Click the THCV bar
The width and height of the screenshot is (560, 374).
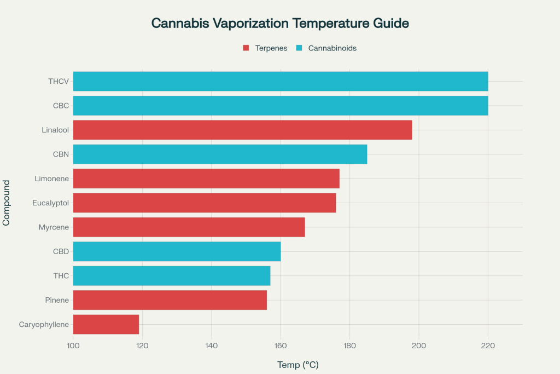(280, 81)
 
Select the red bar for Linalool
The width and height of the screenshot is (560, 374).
(242, 130)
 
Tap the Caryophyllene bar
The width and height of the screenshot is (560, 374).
(106, 324)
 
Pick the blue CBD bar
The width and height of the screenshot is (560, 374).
(177, 251)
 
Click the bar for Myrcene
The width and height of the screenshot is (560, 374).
(189, 227)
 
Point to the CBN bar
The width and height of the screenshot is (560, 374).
(220, 154)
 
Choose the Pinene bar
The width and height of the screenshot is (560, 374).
(170, 300)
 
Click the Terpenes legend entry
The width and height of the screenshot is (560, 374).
(266, 48)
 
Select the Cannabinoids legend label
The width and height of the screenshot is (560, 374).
(332, 48)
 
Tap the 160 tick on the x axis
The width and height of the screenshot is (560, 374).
(281, 346)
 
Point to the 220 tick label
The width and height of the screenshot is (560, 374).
(488, 346)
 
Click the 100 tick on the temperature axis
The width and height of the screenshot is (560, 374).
(73, 346)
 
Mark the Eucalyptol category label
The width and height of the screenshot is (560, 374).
(51, 203)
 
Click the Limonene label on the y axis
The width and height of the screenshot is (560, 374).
(52, 179)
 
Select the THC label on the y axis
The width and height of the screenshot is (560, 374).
(61, 275)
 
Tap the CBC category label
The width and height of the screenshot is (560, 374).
(61, 106)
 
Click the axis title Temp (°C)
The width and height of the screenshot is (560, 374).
(297, 365)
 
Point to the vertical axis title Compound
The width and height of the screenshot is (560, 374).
(7, 203)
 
